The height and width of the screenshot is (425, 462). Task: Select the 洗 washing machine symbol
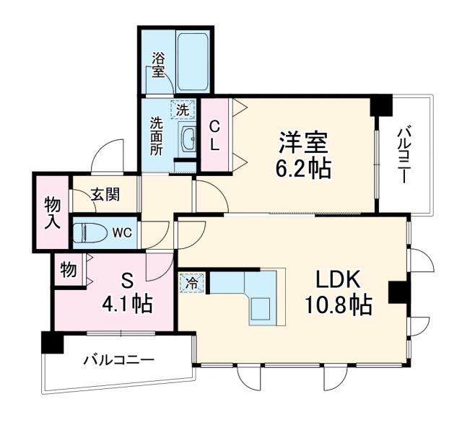(183, 110)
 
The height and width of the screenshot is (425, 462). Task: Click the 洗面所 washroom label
(156, 136)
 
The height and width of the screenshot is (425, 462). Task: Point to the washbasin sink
(188, 138)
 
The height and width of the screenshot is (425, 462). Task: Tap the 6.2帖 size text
(304, 169)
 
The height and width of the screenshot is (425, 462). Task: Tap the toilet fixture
(90, 233)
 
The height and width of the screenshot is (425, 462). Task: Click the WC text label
(121, 233)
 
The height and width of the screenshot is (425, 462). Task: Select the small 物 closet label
(69, 270)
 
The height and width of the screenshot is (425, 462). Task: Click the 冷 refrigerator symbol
(191, 283)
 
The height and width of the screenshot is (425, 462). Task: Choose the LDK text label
(336, 279)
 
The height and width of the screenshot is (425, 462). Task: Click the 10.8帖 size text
(336, 307)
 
